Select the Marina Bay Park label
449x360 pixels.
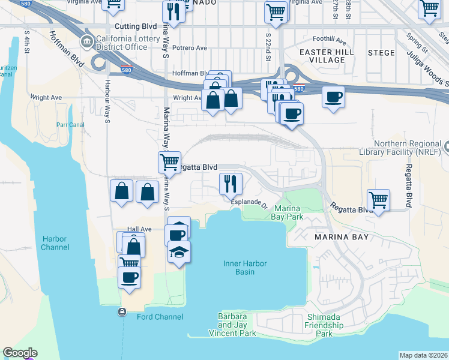(x=286, y=212)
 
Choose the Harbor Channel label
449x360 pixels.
(x=54, y=242)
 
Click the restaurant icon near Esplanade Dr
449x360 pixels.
(x=230, y=184)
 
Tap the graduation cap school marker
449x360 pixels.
(x=179, y=252)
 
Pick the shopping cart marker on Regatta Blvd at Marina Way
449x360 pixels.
(x=170, y=161)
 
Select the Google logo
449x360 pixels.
(x=20, y=353)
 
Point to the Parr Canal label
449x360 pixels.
(x=69, y=125)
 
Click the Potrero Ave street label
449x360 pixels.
(x=189, y=48)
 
